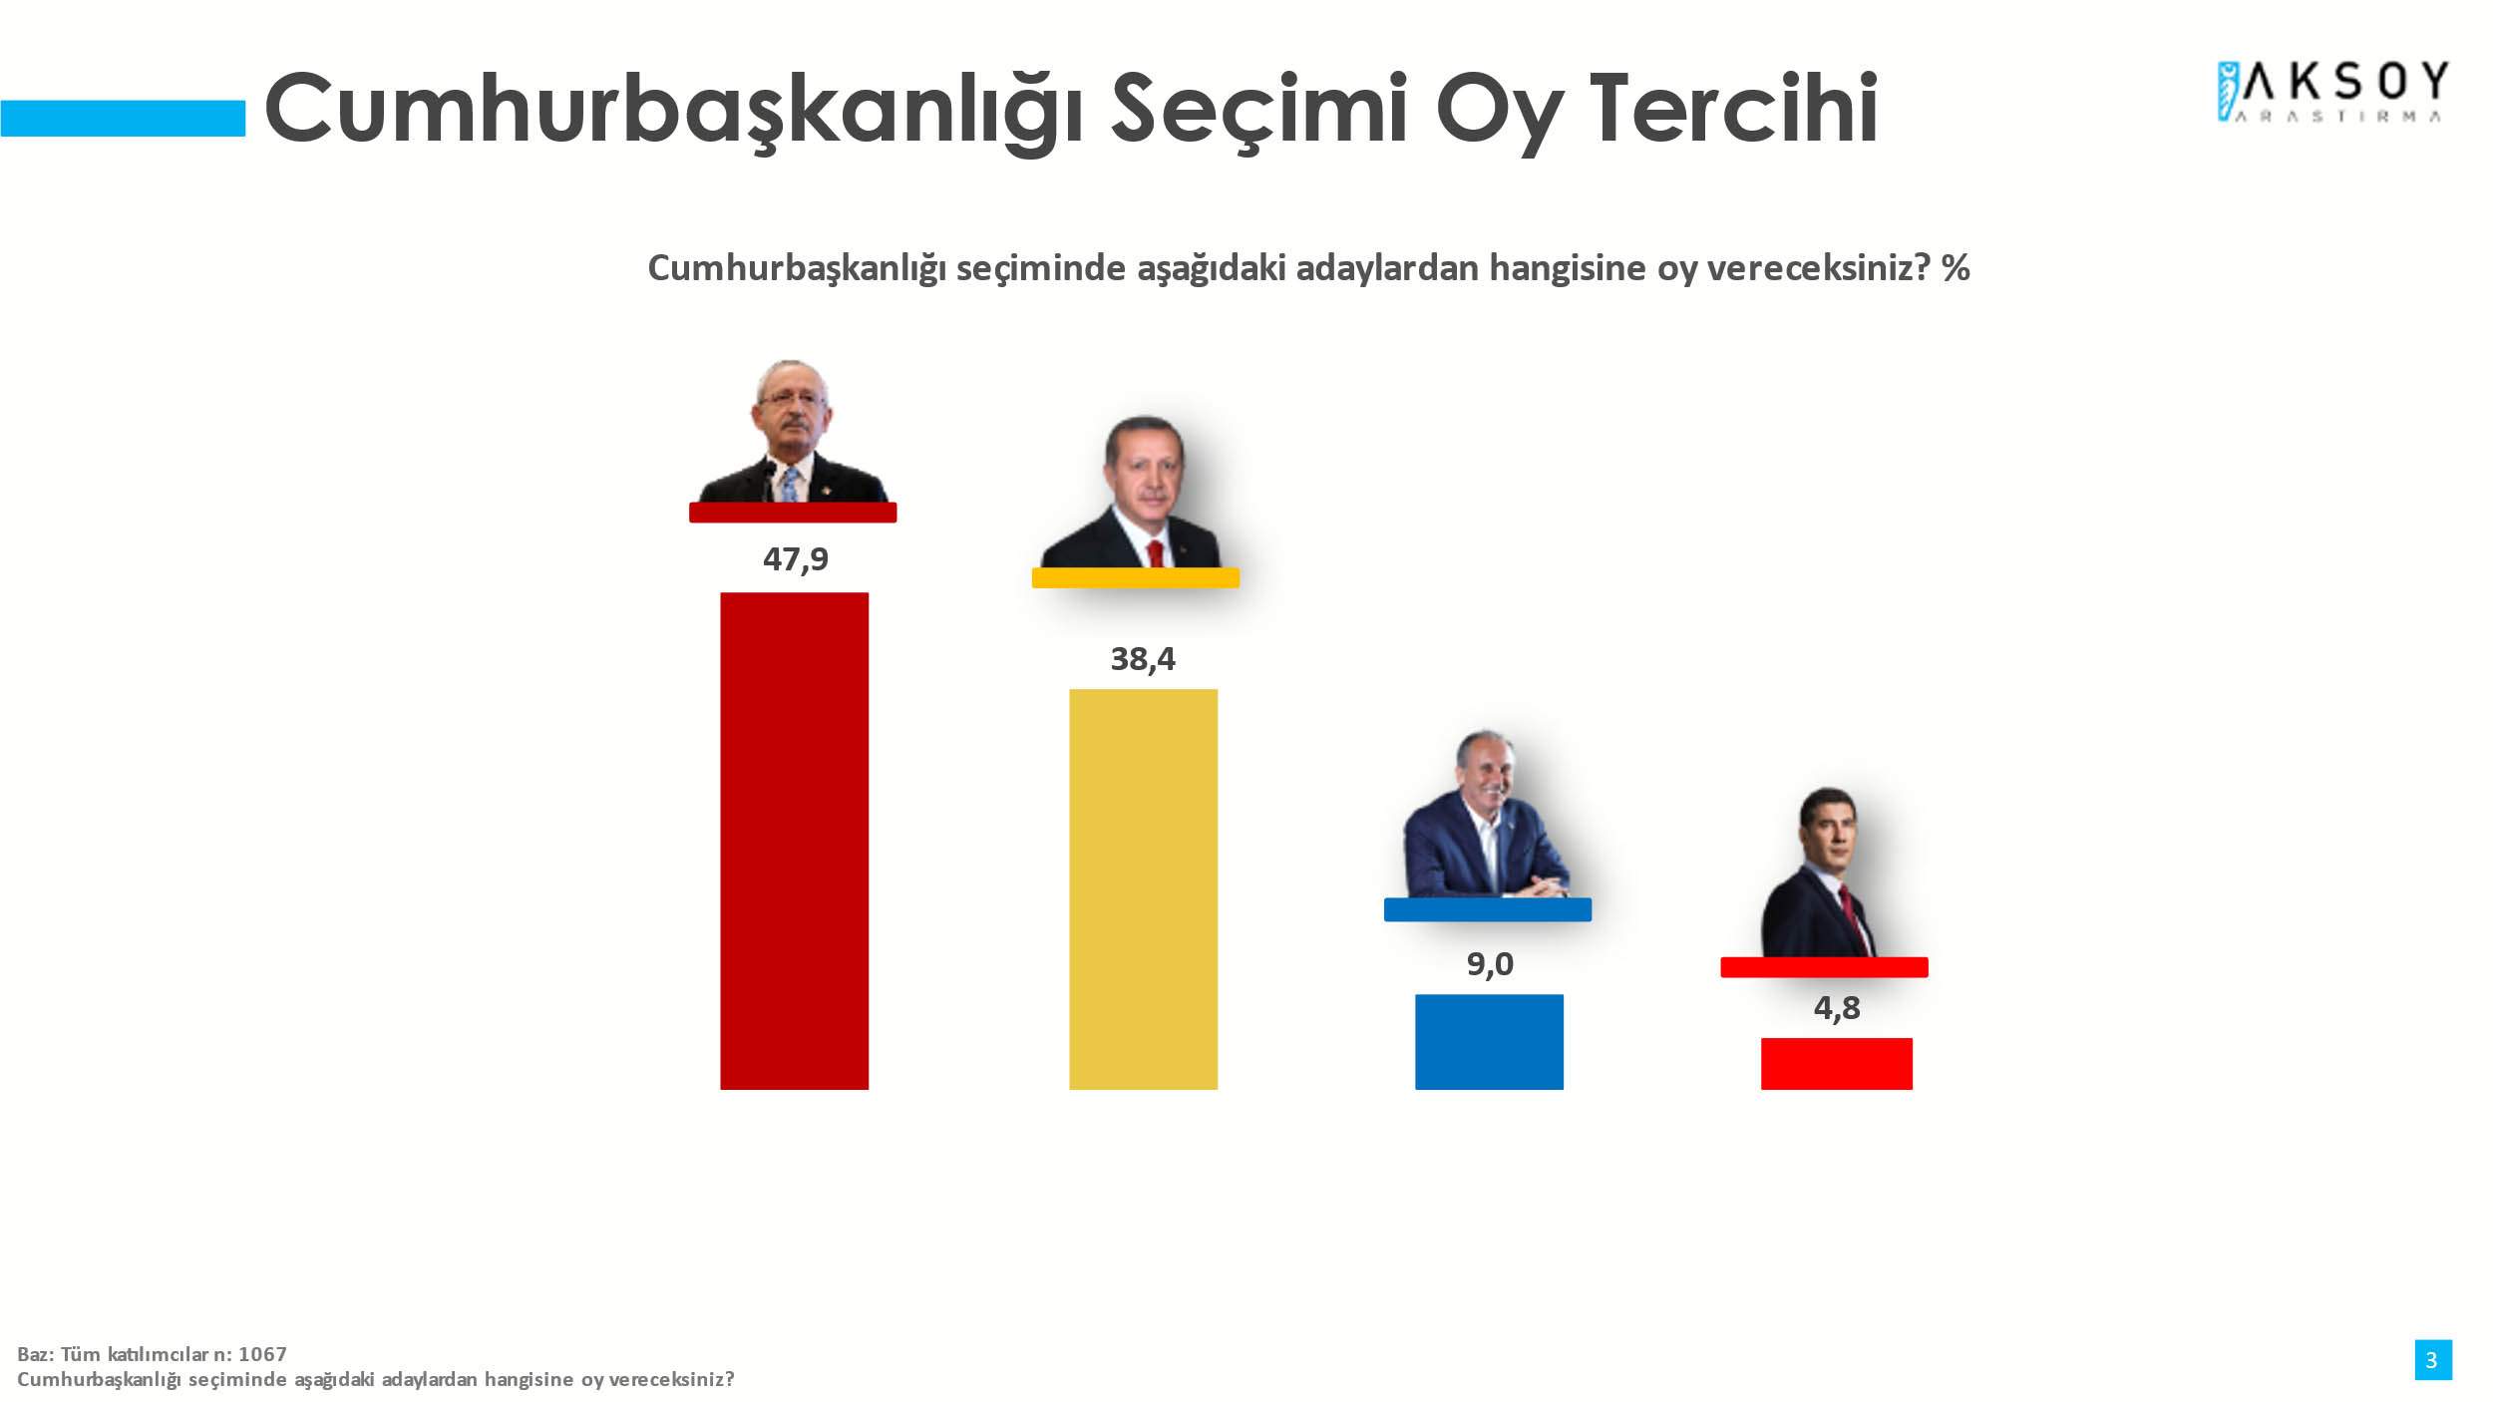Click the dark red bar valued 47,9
[x=794, y=841]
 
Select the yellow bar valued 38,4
[x=1143, y=889]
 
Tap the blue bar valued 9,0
[x=1489, y=1042]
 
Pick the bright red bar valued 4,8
[x=1836, y=1064]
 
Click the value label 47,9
[x=796, y=559]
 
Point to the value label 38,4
[x=1143, y=659]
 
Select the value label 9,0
[x=1490, y=964]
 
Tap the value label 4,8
[x=1837, y=1008]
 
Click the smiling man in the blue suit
[x=1486, y=814]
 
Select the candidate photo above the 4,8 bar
[x=1820, y=873]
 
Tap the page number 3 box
[x=2433, y=1360]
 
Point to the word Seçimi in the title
[x=1259, y=111]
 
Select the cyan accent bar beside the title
[x=123, y=118]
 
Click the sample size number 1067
[x=262, y=1354]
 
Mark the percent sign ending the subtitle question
[x=1956, y=267]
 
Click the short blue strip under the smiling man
[x=1488, y=909]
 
